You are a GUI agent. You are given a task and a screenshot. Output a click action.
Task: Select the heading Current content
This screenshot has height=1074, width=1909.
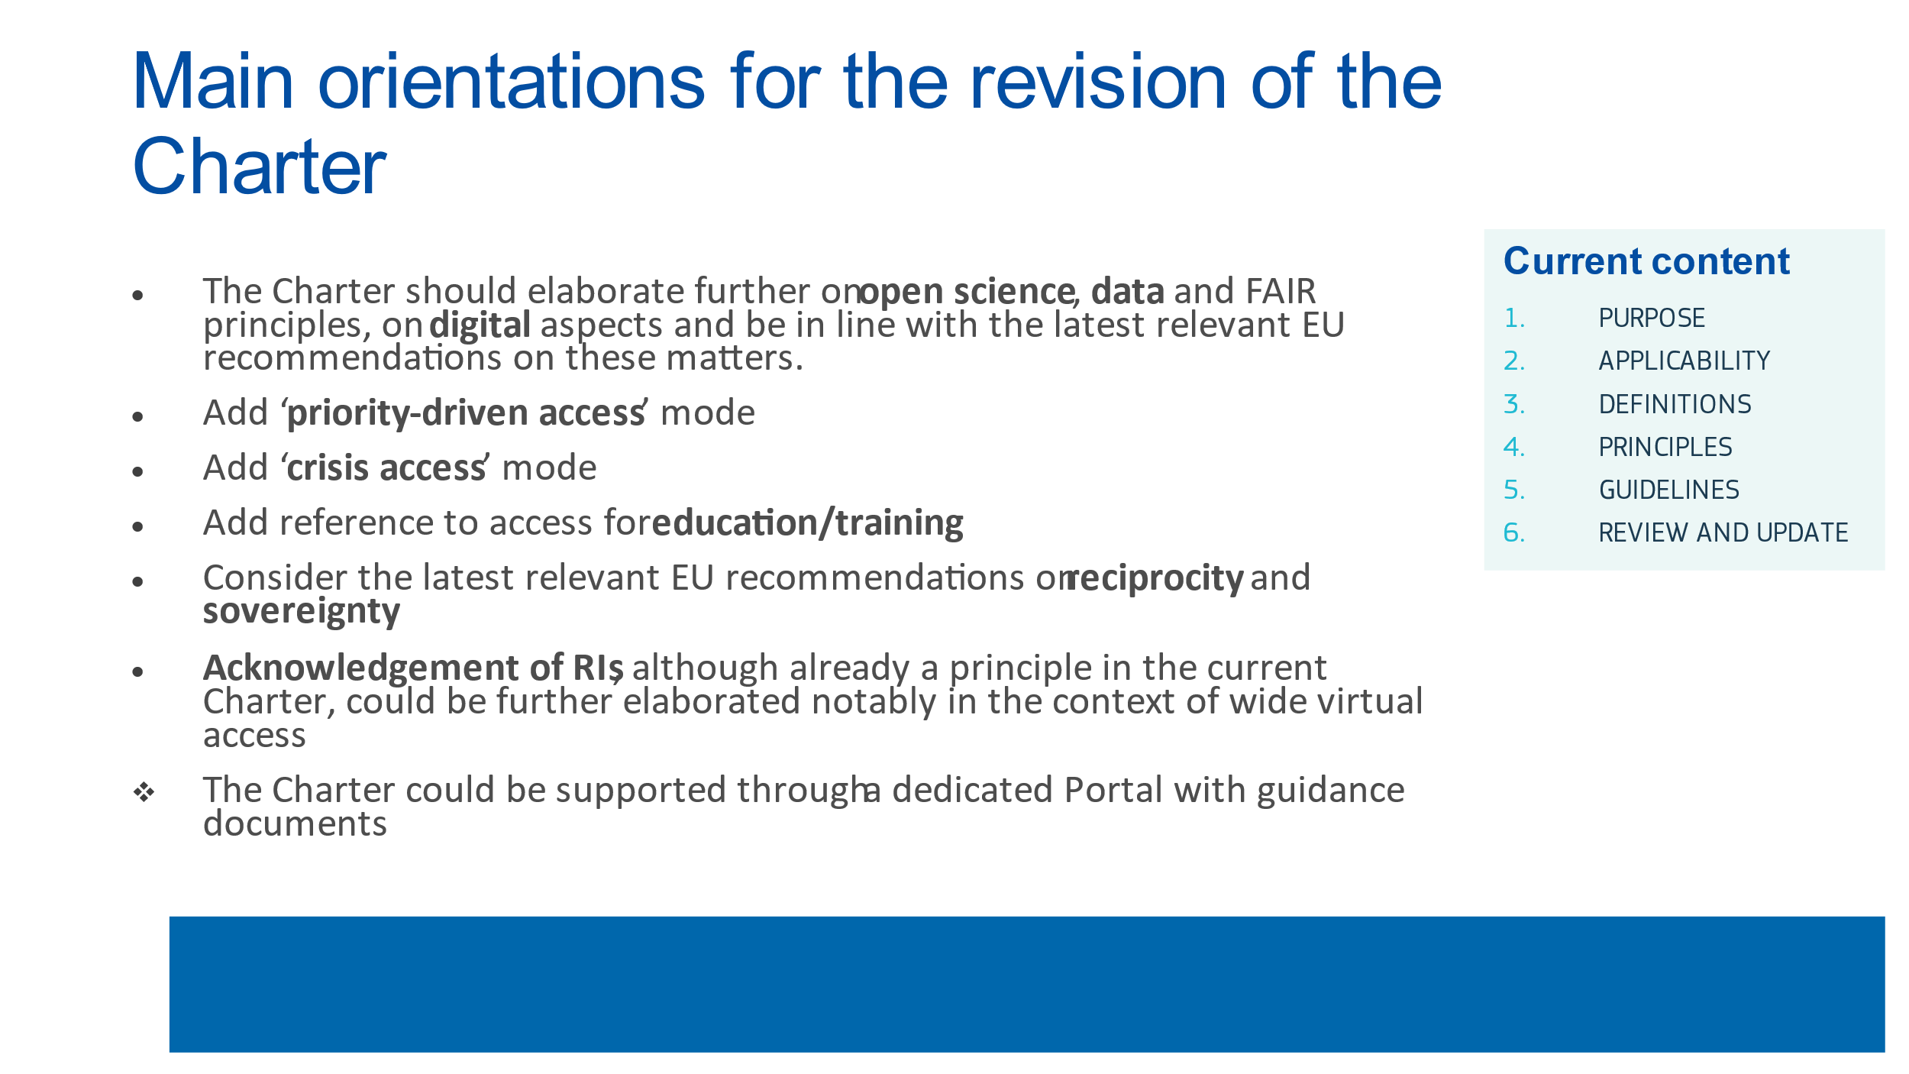(x=1646, y=261)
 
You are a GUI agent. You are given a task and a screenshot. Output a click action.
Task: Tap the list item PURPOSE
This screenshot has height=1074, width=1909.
(x=1652, y=318)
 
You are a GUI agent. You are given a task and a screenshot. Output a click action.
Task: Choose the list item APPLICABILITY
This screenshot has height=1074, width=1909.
(x=1685, y=361)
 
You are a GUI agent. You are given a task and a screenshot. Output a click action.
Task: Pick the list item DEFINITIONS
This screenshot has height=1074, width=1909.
(x=1675, y=404)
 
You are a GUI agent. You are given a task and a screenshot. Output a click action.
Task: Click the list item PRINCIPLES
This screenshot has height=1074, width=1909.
(x=1665, y=447)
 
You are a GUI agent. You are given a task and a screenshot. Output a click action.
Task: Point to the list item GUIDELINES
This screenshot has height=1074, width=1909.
(x=1669, y=490)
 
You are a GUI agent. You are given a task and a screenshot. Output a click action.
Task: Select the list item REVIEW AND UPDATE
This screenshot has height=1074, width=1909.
(x=1723, y=532)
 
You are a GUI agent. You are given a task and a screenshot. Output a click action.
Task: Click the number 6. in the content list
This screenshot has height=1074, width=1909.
(x=1514, y=532)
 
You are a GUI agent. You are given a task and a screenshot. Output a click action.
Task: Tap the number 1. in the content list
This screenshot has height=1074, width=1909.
(x=1514, y=318)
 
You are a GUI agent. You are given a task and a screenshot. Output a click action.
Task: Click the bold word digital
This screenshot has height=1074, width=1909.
(x=480, y=326)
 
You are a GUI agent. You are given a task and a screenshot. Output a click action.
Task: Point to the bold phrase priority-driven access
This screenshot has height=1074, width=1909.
(x=467, y=413)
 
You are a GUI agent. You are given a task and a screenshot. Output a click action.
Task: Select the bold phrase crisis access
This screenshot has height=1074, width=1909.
(x=386, y=468)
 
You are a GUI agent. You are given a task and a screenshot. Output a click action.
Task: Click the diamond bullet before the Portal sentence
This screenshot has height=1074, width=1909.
(x=144, y=792)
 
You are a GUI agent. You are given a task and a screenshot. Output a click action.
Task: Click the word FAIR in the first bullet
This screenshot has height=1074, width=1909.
(x=1281, y=291)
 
